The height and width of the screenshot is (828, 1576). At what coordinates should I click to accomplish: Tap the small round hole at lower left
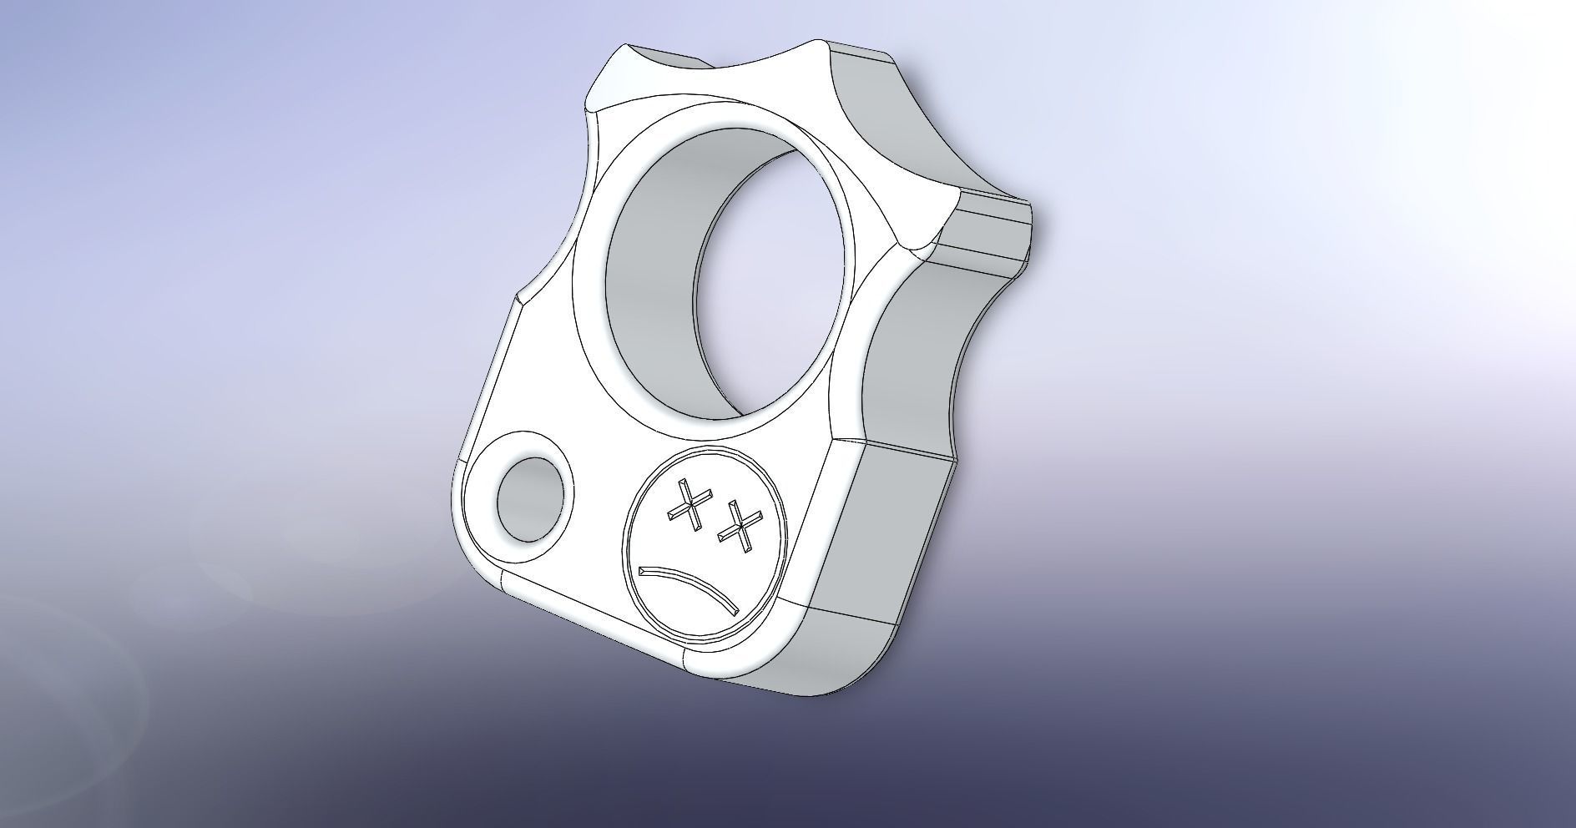[x=529, y=499]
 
